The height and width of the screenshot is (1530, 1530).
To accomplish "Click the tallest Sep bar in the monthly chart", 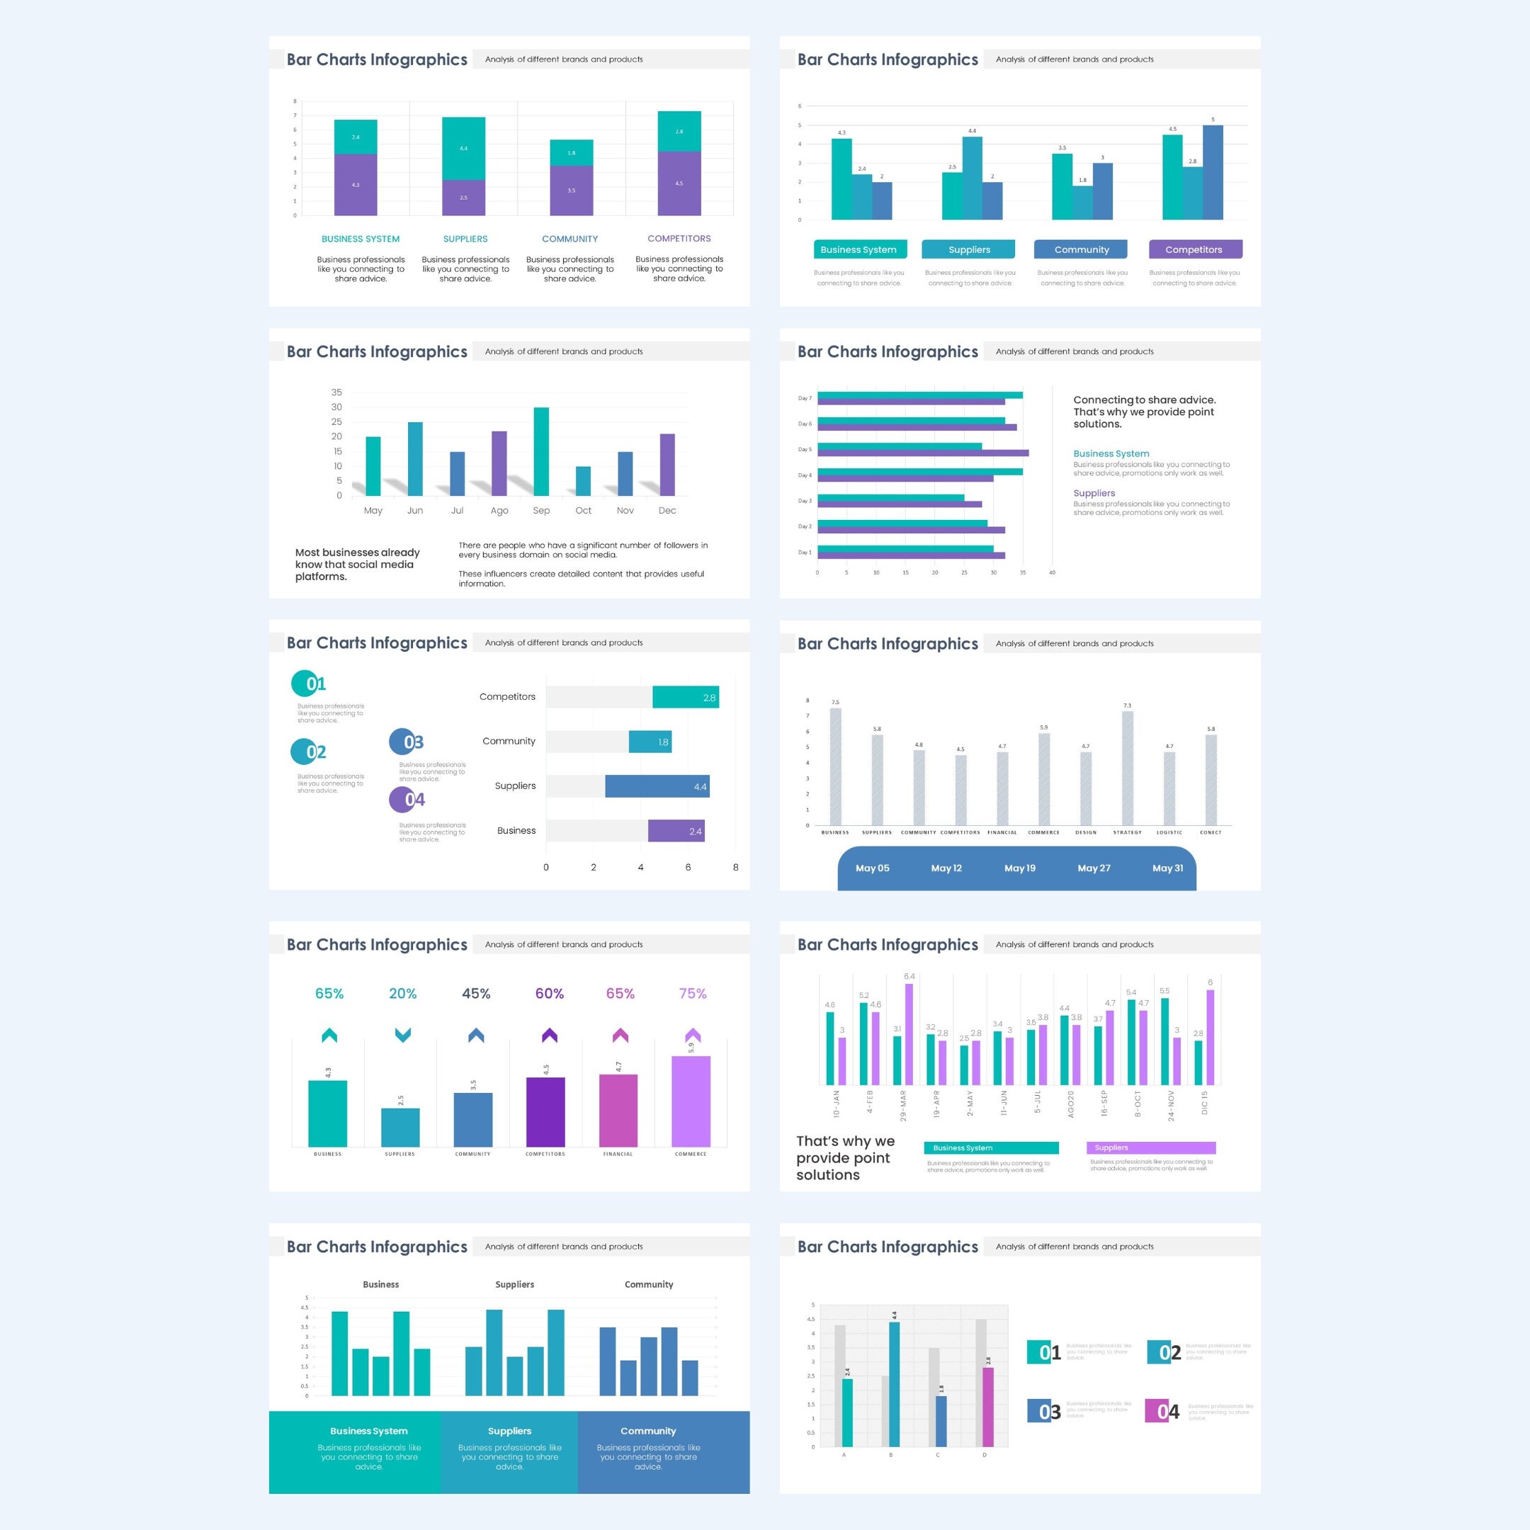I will pos(541,451).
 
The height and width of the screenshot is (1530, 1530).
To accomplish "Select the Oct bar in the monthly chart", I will pos(583,481).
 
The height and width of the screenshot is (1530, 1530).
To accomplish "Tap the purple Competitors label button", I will pos(1194,249).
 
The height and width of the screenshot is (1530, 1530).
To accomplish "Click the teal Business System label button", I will pos(858,249).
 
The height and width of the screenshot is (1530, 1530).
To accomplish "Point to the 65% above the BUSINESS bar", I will pos(329,993).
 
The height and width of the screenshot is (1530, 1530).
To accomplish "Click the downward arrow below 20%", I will pos(402,1035).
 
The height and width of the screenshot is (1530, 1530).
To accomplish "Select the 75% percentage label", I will pos(693,993).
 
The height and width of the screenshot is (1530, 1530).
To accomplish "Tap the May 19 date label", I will pos(1020,868).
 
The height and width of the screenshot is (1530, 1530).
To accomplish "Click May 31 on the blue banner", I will pos(1167,868).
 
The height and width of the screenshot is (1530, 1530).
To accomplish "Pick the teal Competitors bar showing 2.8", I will pos(685,697).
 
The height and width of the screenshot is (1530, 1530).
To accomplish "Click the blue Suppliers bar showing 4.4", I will pos(657,786).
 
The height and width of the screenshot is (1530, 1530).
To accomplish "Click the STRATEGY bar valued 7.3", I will pos(1127,768).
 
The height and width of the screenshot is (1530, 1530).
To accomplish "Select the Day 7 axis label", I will pos(804,398).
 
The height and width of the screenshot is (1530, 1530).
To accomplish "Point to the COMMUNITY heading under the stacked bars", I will pos(569,239).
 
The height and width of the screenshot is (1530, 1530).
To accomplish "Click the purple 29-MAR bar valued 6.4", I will pos(908,1033).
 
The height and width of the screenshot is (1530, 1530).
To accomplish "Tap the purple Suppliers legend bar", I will pos(1150,1147).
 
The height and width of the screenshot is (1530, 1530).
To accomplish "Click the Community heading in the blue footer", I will pos(648,1431).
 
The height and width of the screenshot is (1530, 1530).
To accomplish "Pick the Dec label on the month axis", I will pos(667,511).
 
